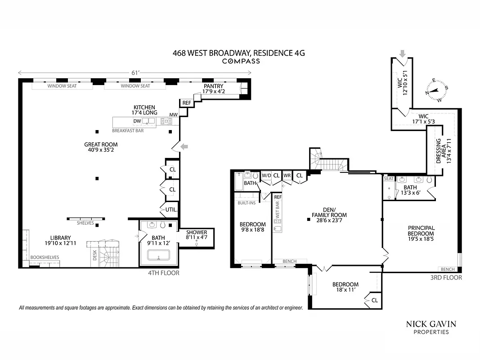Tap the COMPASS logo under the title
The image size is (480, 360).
pos(241,61)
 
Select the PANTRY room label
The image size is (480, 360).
pos(213,89)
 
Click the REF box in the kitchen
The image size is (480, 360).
pos(186,103)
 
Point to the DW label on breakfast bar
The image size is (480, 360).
pos(137,121)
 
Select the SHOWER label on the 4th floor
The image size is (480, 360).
pos(197,235)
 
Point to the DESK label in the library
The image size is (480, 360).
pos(95,256)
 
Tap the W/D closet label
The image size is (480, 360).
pos(266,175)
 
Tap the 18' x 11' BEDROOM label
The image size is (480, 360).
pos(345,287)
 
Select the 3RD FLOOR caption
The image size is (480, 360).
pos(446,278)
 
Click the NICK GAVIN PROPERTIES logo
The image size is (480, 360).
pos(431,327)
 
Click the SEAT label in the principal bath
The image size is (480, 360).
pos(388,179)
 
